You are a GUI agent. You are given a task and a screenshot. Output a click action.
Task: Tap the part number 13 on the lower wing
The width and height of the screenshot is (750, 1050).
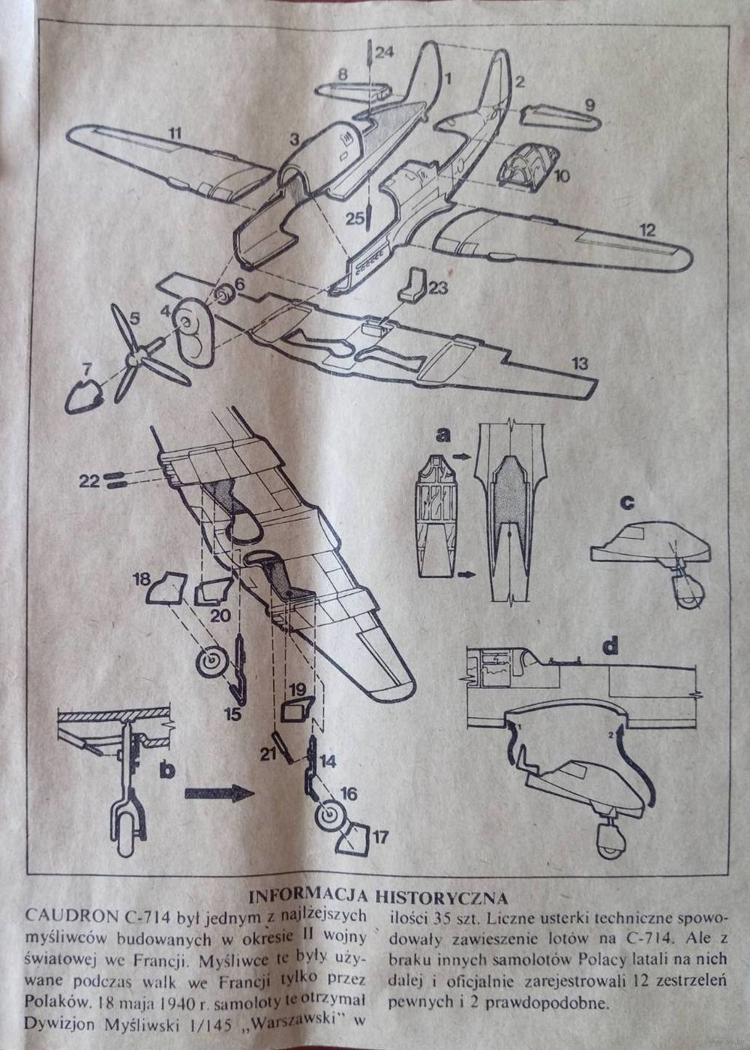pyautogui.click(x=580, y=364)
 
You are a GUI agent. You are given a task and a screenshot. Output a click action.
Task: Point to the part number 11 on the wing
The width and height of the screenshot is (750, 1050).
pyautogui.click(x=174, y=134)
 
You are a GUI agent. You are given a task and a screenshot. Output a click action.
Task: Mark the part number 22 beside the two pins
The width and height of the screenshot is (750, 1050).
pyautogui.click(x=89, y=481)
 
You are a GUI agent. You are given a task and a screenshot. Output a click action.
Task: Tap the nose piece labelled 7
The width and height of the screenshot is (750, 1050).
pyautogui.click(x=85, y=394)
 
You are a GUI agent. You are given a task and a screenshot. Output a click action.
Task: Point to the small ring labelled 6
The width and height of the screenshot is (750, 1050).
pyautogui.click(x=223, y=295)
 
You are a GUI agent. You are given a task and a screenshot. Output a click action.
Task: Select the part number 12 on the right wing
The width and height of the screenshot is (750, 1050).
pyautogui.click(x=646, y=230)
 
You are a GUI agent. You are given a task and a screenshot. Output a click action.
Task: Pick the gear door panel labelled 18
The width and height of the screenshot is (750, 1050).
pyautogui.click(x=166, y=590)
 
